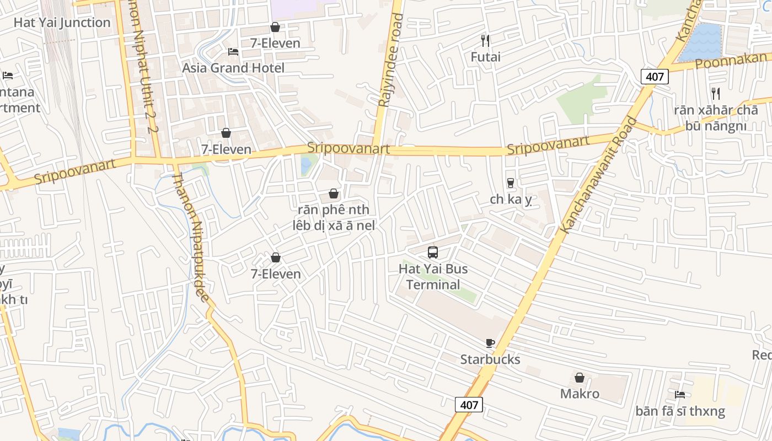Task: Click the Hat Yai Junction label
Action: pos(62,23)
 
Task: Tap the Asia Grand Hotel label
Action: pos(233,68)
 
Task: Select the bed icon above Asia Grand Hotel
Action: pos(233,52)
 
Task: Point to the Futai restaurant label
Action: pos(485,57)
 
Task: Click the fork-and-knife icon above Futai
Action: pos(485,40)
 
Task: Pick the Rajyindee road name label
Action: pos(390,61)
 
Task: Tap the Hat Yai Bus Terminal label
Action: pos(433,277)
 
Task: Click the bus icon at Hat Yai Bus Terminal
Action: pos(433,252)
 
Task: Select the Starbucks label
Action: pos(490,359)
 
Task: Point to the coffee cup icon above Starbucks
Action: pos(490,343)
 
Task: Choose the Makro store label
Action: pos(580,394)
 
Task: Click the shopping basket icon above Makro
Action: pos(580,378)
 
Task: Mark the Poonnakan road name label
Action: pos(731,61)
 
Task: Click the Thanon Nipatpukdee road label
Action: pos(191,238)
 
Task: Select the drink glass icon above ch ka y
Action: pos(511,183)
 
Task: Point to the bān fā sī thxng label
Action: pos(680,411)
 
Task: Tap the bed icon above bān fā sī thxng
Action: pos(680,394)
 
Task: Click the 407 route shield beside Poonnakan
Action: pos(655,77)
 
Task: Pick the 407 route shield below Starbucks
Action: pos(469,405)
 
